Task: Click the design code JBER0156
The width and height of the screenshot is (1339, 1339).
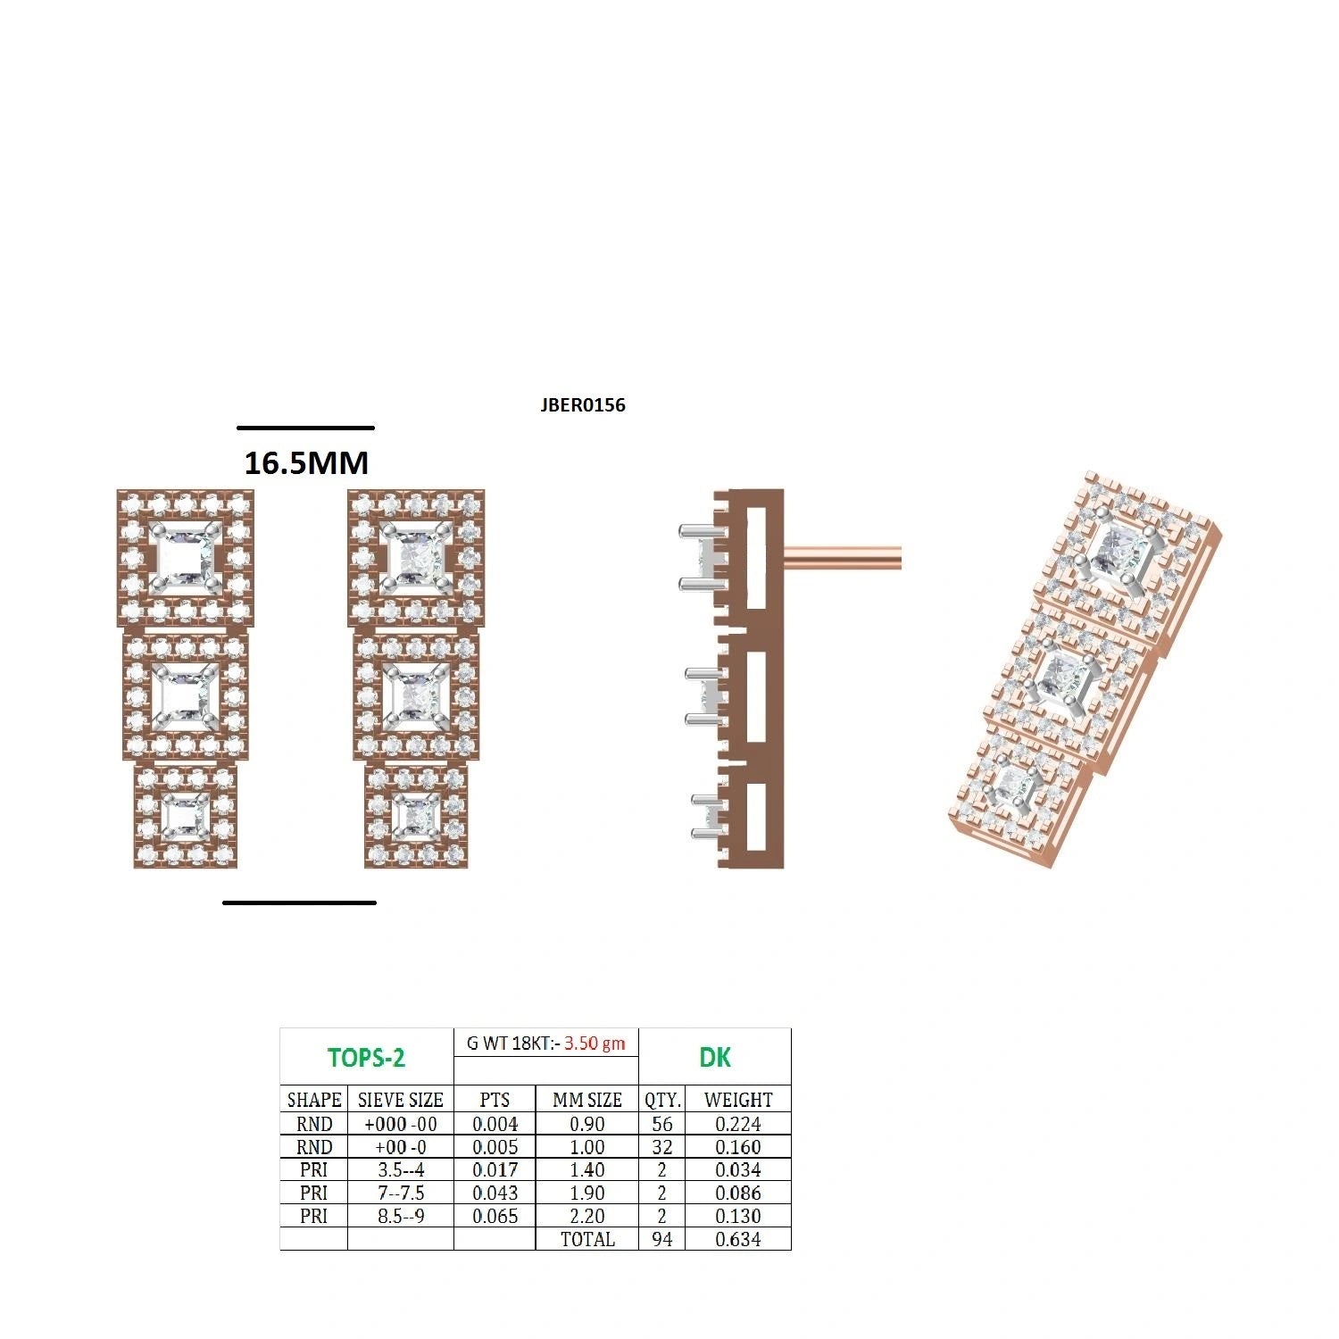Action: coord(583,405)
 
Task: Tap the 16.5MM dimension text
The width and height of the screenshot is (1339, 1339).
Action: coord(306,462)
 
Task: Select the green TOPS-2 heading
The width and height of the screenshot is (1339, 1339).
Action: coord(366,1058)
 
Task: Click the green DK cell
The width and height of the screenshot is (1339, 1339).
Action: coord(715,1058)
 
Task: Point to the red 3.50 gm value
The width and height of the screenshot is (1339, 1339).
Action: coord(595,1043)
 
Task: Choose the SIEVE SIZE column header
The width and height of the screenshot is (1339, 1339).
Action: coord(400,1100)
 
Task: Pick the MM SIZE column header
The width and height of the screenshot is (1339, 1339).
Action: coord(587,1100)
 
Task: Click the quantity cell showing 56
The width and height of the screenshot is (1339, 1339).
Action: coord(661,1124)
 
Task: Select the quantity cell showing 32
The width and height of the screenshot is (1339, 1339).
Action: coord(661,1147)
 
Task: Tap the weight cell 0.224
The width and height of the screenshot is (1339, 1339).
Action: coord(738,1124)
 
